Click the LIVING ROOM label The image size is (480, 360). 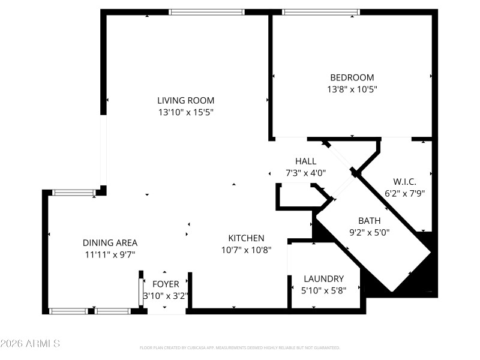pos(185,101)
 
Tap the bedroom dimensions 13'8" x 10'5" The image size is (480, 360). pos(352,89)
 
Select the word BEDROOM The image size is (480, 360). pos(352,77)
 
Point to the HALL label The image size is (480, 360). pos(305,161)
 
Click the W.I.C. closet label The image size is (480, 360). pos(404,182)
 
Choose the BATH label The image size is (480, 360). pos(369,221)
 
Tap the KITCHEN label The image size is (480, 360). pos(246,238)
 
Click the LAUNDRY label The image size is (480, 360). pos(323,279)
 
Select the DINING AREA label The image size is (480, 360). pos(110,243)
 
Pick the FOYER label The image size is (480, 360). pos(166,284)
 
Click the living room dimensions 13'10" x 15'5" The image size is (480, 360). pos(185,112)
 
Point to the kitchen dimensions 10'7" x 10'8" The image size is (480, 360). pos(246,250)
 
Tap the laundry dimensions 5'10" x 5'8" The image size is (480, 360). pos(323,290)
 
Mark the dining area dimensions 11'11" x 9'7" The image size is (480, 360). pos(110,254)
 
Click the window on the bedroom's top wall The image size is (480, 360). pos(320,11)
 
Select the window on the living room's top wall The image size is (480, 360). pos(207,11)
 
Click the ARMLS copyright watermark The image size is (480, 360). pos(30,344)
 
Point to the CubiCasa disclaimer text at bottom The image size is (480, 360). pos(240,348)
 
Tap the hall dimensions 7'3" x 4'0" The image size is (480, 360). pos(305,173)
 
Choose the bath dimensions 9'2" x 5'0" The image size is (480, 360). pos(369,232)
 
